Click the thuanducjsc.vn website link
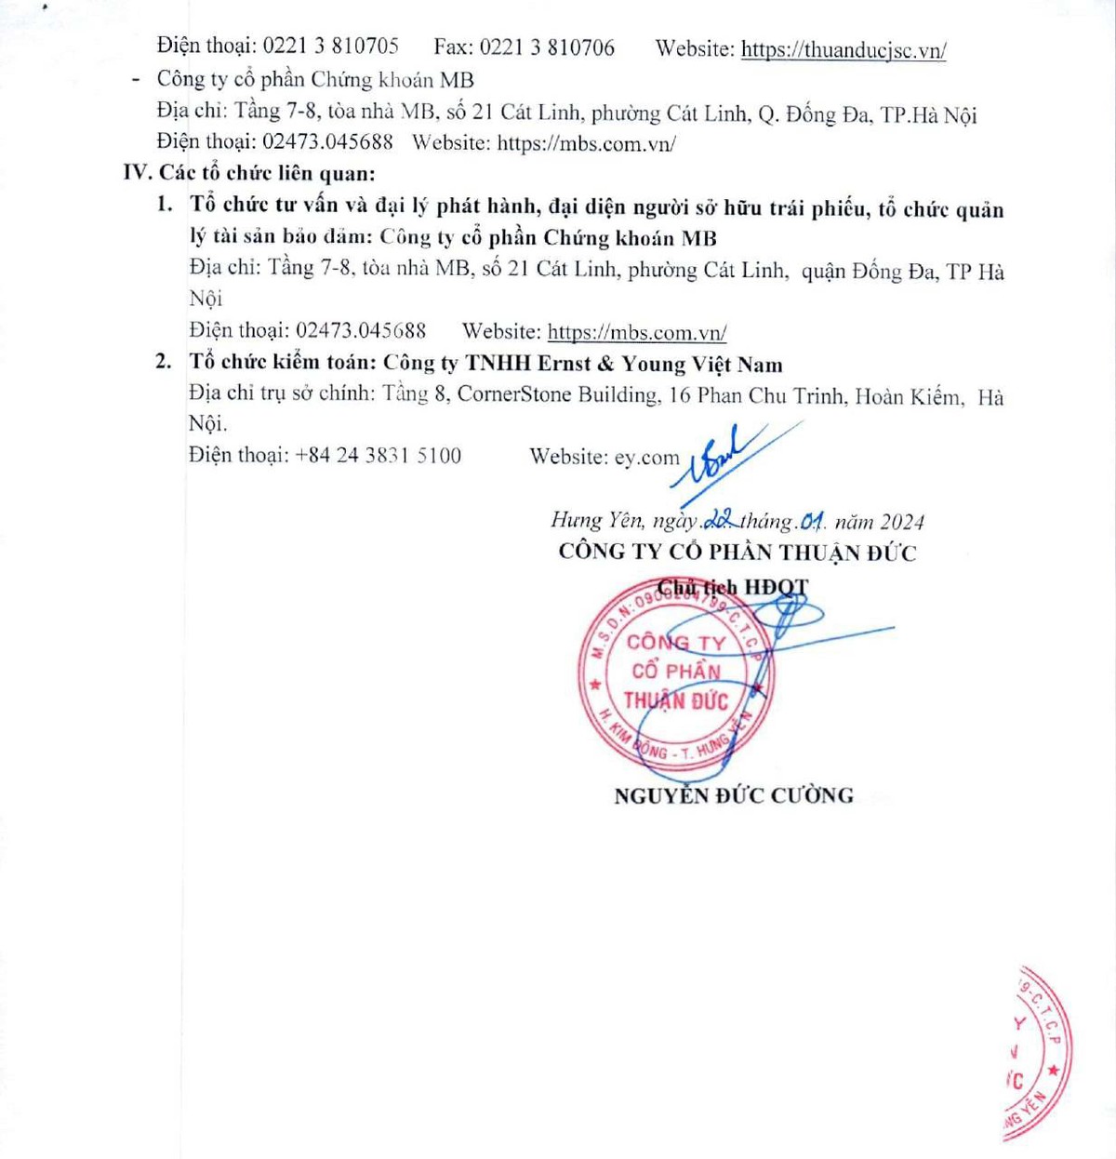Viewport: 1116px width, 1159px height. point(844,50)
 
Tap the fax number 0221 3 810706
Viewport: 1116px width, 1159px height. point(547,47)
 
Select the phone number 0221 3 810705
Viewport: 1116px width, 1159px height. point(330,47)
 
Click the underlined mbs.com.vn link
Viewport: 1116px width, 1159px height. point(637,332)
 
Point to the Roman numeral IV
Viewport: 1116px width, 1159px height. point(136,173)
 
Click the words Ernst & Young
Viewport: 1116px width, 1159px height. point(608,364)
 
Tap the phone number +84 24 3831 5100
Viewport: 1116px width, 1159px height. point(378,456)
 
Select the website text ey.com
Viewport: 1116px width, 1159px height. point(647,458)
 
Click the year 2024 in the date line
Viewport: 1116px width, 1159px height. point(902,522)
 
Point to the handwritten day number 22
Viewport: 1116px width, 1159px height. point(721,520)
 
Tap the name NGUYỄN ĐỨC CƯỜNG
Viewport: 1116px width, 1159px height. point(734,795)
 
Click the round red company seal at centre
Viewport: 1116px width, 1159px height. point(676,672)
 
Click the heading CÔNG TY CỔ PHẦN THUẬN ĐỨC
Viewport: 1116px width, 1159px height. point(737,553)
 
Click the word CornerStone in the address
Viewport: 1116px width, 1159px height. point(514,394)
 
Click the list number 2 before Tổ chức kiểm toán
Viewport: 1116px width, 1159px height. point(164,362)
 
